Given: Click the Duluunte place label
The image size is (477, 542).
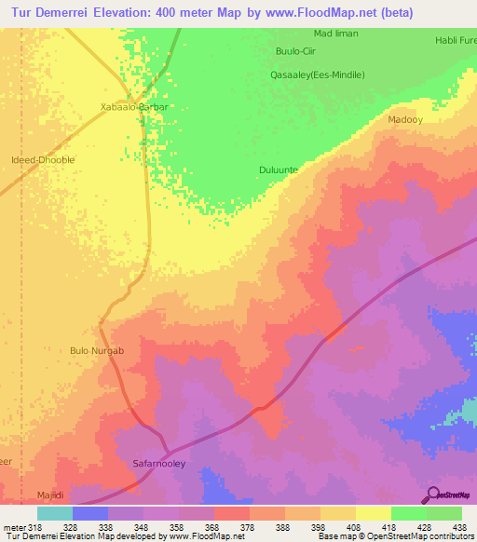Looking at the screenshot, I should tap(279, 169).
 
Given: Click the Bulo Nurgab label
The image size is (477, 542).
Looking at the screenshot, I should tap(97, 350).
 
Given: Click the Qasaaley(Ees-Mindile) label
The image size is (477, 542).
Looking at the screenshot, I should tap(317, 75).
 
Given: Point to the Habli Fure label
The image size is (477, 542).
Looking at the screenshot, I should tap(456, 41).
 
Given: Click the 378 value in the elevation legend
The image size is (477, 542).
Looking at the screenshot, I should tap(250, 526).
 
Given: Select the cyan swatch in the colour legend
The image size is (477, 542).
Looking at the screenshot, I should tap(55, 513).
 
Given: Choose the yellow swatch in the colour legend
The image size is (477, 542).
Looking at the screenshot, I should tap(374, 513).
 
